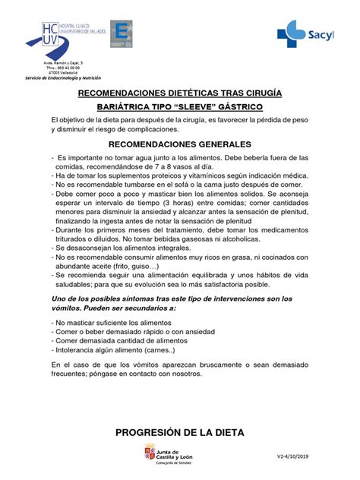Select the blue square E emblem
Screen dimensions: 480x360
(x=122, y=35)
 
